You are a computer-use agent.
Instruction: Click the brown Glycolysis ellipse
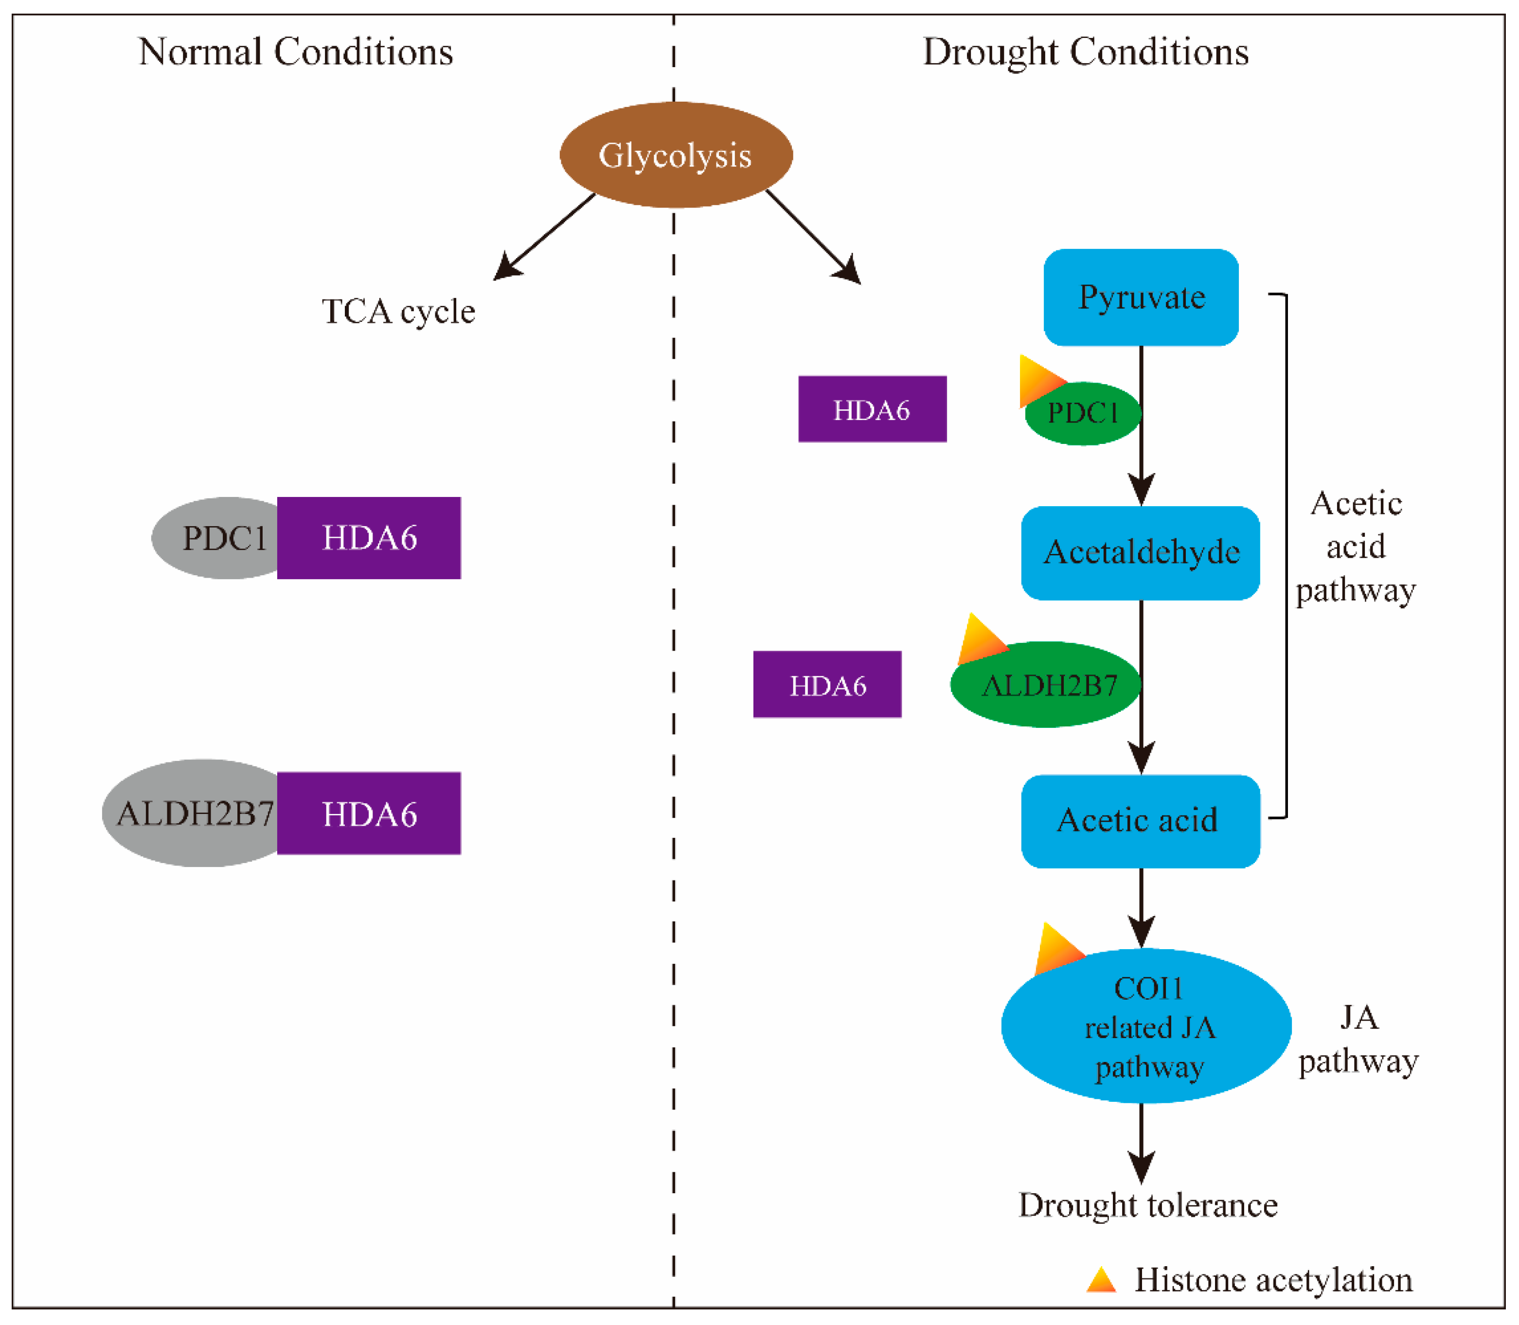tap(676, 155)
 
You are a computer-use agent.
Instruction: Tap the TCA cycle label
tap(398, 311)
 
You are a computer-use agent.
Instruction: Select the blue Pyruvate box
tap(1141, 297)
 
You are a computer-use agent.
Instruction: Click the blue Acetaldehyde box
tap(1141, 552)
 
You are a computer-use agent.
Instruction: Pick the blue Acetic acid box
tap(1141, 821)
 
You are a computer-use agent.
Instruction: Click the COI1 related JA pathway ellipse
tap(1146, 1028)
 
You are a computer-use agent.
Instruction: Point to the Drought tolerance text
tap(1148, 1205)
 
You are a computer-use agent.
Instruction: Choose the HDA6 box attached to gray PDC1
tap(369, 538)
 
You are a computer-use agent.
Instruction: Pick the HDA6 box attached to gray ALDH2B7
tap(369, 813)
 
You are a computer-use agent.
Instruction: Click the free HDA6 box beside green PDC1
tap(872, 409)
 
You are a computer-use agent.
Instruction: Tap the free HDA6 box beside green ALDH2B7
tap(827, 684)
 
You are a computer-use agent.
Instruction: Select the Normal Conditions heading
tap(296, 52)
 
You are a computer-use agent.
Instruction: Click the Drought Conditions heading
tap(1086, 52)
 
